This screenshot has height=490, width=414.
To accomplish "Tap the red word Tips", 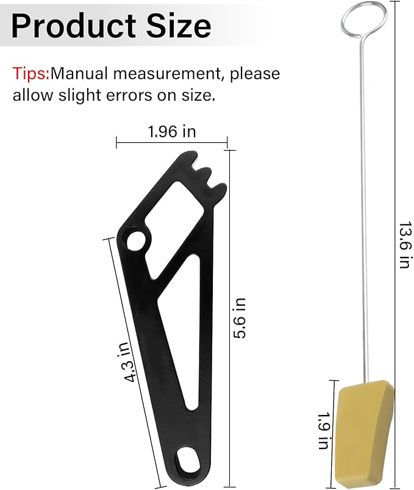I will [x=30, y=74].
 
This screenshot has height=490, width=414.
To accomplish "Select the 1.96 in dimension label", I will [x=171, y=131].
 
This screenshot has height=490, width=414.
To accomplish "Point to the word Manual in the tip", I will [x=79, y=74].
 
